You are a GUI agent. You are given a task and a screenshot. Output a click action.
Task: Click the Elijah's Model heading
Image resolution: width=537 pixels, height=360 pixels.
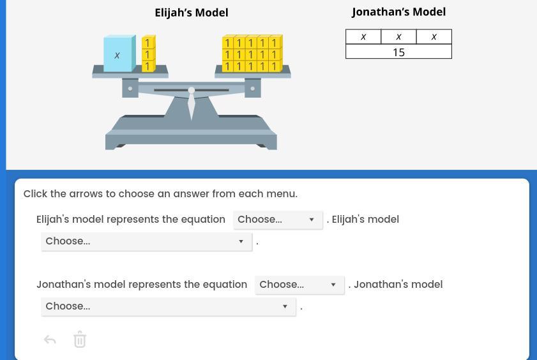coord(191,13)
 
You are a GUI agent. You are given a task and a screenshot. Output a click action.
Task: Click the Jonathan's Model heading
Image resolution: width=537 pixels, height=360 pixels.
coord(398,12)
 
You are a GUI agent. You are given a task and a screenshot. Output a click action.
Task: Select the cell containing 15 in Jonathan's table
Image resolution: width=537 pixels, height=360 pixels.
coord(398,52)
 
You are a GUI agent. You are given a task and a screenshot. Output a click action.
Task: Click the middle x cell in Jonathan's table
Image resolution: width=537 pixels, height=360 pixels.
coord(398,37)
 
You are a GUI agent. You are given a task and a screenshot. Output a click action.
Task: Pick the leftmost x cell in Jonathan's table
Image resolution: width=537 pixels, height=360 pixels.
coord(363,37)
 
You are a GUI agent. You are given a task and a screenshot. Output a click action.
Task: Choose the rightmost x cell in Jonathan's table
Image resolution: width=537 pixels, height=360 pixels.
coord(434,37)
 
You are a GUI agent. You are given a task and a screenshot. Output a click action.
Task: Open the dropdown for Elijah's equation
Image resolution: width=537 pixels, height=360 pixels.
coord(278,220)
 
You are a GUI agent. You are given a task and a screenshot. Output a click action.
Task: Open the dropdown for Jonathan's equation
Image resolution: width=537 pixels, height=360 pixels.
coord(299,285)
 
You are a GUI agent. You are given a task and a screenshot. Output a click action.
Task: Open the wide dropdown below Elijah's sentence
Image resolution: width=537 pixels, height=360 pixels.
coord(146,241)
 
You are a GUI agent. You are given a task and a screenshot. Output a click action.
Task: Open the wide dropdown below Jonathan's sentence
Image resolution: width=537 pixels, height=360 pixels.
coord(168,306)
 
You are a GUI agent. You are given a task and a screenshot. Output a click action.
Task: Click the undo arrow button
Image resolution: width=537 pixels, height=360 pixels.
coord(50,340)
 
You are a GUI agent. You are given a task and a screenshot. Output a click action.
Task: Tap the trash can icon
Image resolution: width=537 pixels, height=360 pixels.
coord(80,340)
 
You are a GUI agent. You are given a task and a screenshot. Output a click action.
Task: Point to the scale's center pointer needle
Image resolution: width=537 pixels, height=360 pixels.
coord(192,103)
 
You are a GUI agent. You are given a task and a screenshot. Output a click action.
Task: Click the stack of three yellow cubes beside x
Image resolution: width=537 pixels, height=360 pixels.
coord(148,54)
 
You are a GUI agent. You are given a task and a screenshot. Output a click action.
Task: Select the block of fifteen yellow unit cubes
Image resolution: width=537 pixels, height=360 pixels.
coord(252,54)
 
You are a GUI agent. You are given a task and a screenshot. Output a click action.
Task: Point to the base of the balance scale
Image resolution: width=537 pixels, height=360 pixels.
coord(191,137)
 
